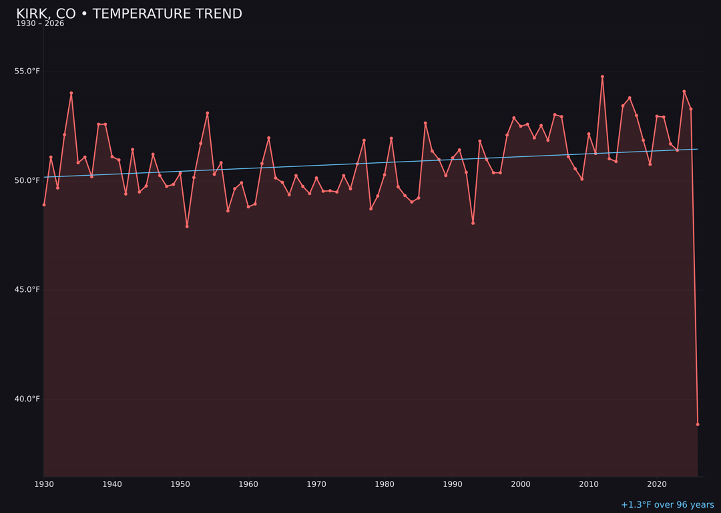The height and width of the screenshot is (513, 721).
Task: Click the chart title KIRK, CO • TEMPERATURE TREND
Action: (x=129, y=14)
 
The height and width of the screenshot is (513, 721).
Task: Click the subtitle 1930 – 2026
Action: (x=40, y=24)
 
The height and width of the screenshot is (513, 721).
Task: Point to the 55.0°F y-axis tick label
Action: (x=27, y=71)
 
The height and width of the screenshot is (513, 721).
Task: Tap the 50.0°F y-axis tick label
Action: (x=27, y=180)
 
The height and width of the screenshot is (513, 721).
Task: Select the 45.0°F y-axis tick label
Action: (x=27, y=290)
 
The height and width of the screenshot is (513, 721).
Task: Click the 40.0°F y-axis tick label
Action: (x=27, y=399)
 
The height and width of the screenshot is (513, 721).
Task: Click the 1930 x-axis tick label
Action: (x=44, y=484)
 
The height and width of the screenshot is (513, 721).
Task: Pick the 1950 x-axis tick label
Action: (x=180, y=484)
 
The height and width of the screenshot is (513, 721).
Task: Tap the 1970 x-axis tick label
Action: (x=316, y=484)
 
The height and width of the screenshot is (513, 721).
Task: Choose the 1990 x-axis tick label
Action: (x=453, y=484)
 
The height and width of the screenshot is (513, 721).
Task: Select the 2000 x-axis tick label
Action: (x=521, y=484)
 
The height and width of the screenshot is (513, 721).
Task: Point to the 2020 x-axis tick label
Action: (x=657, y=484)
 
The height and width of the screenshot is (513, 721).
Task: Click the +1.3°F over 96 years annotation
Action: (x=667, y=505)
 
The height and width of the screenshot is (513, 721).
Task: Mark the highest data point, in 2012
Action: (x=602, y=77)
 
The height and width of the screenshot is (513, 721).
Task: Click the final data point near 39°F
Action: (x=698, y=424)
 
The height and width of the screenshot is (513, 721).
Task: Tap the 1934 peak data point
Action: (x=71, y=94)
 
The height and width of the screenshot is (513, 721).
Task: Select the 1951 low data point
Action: (x=187, y=226)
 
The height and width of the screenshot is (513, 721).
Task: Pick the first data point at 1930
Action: (x=44, y=204)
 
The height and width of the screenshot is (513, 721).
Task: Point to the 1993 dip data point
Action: (x=473, y=223)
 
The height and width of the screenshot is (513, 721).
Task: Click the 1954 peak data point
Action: (x=208, y=114)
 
